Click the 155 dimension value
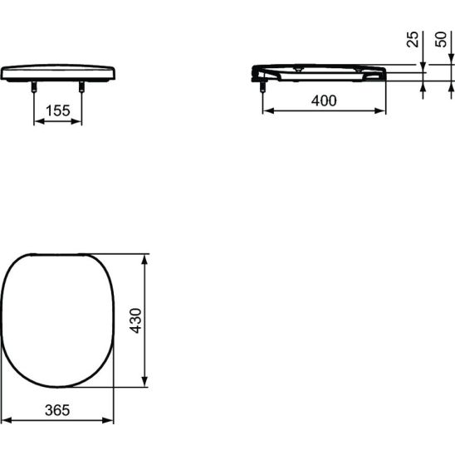pos(58,110)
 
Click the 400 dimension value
pos(324,100)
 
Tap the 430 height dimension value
pos(135,320)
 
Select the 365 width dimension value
pos(57,410)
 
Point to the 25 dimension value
pos(413,39)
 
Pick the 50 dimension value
pos(441,39)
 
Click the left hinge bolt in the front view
pos(34,86)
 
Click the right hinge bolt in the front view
pos(81,86)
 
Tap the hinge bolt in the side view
pos(262,86)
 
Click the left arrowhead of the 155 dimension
pos(39,121)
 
